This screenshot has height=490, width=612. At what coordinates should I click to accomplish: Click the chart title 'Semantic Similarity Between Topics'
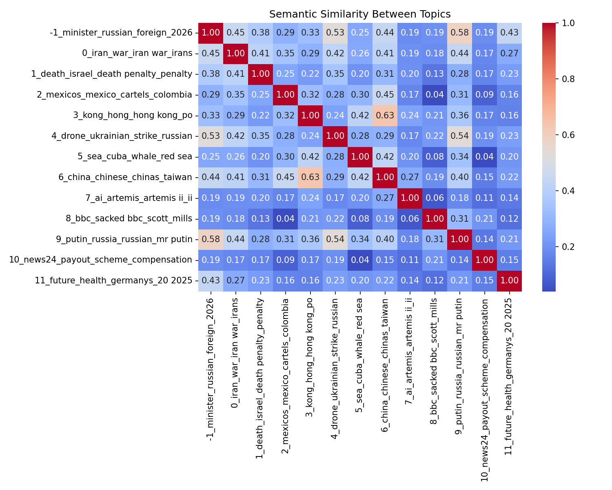click(x=360, y=14)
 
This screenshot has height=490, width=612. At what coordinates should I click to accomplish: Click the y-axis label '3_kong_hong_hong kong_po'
click(x=133, y=116)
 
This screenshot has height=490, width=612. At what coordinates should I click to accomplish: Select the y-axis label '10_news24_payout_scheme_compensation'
click(x=100, y=260)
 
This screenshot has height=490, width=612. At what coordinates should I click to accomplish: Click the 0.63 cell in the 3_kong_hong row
click(x=385, y=116)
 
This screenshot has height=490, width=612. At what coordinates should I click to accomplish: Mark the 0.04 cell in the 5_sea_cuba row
click(x=484, y=157)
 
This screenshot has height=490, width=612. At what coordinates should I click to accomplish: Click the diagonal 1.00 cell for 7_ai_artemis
click(x=410, y=198)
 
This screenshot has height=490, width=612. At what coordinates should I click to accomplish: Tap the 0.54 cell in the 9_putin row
click(x=335, y=239)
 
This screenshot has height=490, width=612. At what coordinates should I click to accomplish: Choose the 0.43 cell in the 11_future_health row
click(x=211, y=281)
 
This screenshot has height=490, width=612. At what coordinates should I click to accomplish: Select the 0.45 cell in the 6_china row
click(x=285, y=177)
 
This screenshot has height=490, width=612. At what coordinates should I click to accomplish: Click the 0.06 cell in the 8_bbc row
click(x=410, y=218)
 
